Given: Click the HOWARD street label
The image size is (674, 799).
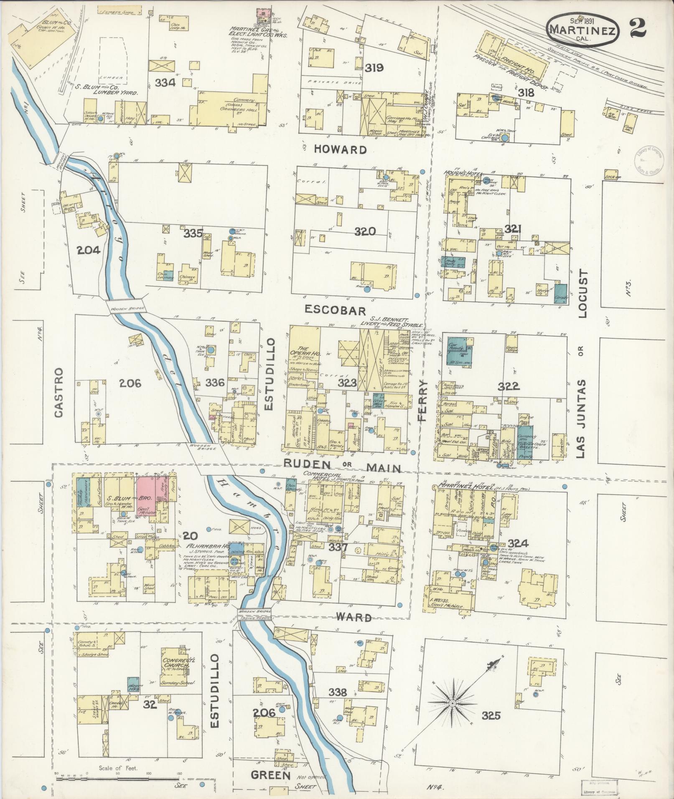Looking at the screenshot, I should (341, 150).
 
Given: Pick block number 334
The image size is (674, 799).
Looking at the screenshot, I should (165, 83).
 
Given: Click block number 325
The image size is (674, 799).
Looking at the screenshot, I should (491, 716).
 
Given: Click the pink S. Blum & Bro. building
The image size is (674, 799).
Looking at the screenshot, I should (147, 498).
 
